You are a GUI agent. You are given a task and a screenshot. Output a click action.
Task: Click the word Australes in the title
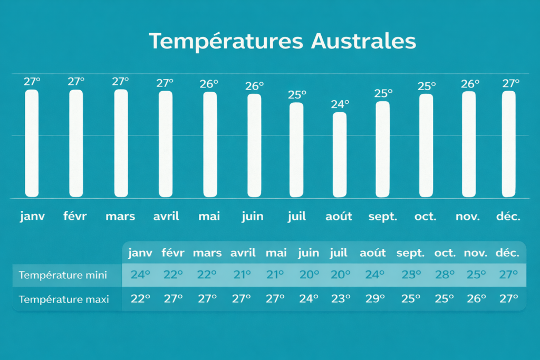(x=364, y=41)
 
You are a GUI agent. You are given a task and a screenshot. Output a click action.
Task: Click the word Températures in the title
(x=226, y=41)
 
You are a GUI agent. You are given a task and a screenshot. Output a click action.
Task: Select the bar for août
(x=340, y=155)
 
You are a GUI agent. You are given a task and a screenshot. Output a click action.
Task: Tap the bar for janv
(x=32, y=143)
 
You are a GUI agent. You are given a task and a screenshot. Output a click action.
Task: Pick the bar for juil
(x=296, y=150)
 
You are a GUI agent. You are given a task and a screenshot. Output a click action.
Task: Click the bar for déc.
(x=509, y=144)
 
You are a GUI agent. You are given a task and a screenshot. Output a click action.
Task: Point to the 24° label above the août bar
(x=340, y=104)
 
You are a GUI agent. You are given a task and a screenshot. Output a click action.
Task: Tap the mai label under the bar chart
(x=209, y=216)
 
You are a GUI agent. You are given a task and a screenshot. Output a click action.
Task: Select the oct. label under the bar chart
(x=426, y=217)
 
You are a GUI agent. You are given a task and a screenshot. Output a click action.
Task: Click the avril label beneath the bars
(x=166, y=216)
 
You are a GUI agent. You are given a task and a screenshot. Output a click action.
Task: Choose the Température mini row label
(x=63, y=275)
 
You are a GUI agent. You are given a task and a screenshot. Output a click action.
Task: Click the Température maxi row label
(x=64, y=299)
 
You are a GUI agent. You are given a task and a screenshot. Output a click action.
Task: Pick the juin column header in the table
(x=308, y=254)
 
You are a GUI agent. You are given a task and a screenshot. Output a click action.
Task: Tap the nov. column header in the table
(x=476, y=254)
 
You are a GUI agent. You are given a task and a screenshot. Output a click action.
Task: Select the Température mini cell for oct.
(x=445, y=275)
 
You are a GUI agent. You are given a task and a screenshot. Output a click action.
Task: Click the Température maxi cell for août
(x=375, y=298)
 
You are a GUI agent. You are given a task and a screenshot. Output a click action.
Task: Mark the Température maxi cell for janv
(x=140, y=298)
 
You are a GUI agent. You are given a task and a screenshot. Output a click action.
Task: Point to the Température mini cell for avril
(x=242, y=275)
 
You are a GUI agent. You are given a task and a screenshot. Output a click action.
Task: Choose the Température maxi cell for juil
(x=341, y=298)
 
